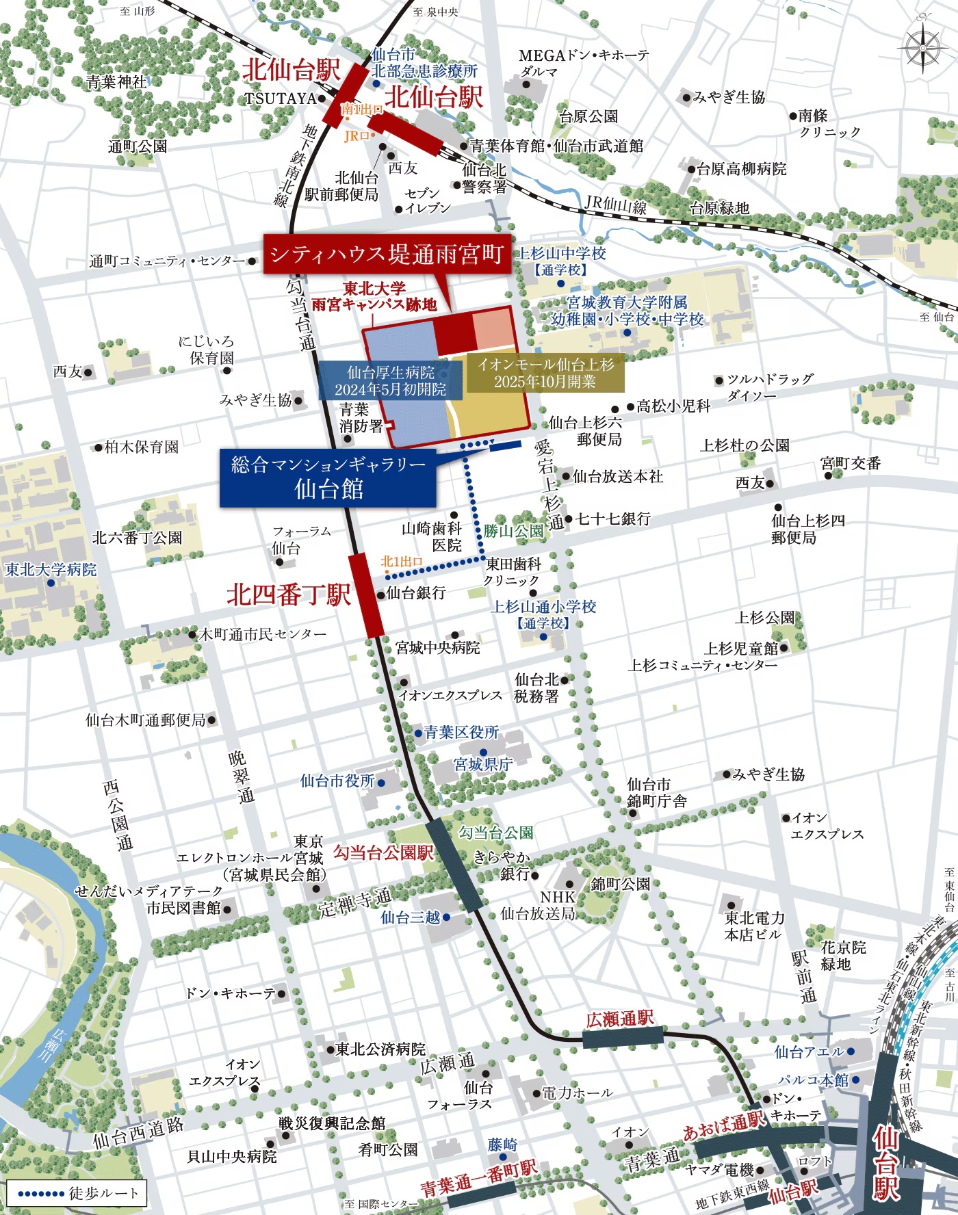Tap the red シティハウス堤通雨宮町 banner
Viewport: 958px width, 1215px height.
coord(387,254)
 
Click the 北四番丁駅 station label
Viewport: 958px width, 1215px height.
coord(288,595)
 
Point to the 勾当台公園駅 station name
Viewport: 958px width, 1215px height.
coord(383,852)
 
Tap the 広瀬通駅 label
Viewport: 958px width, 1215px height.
coord(620,1019)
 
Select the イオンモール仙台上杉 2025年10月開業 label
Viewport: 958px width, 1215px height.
coord(545,373)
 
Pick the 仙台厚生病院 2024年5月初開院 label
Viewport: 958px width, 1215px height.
coord(390,381)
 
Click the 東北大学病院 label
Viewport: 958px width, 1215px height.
coord(51,570)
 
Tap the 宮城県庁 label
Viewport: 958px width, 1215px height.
coord(483,764)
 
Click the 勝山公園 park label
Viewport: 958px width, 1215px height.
coord(513,531)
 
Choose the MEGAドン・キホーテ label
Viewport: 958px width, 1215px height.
coord(583,55)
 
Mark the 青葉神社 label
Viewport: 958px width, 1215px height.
coord(116,82)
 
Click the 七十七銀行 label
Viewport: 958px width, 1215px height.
coord(613,519)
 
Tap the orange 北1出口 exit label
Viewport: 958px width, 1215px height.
coord(402,562)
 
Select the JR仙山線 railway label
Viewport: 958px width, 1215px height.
coord(615,203)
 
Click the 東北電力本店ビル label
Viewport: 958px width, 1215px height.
coord(754,926)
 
